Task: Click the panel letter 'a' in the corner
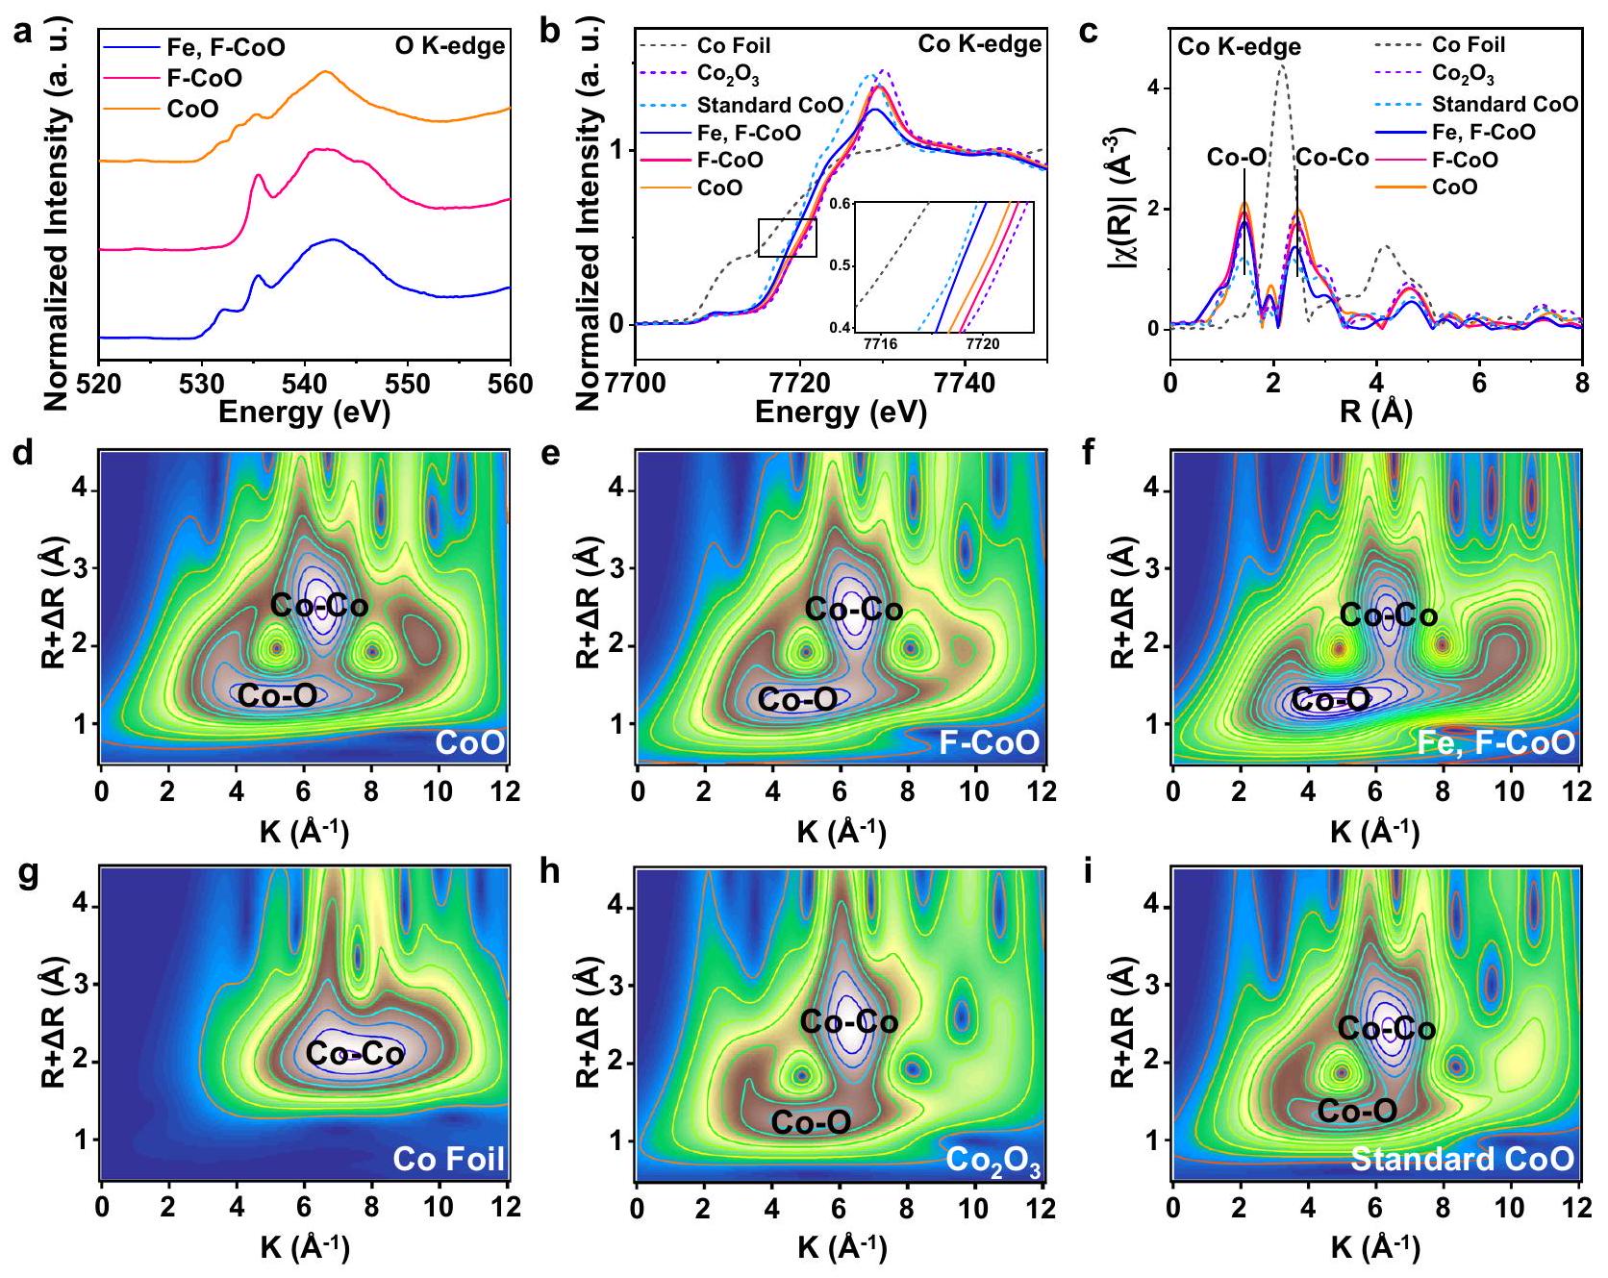coord(21,33)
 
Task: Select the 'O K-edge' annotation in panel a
coord(449,46)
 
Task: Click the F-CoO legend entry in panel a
coord(204,77)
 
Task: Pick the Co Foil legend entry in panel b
coord(734,45)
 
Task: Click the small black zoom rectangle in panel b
coord(787,238)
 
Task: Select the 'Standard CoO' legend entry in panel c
coord(1505,104)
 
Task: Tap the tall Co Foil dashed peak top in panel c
coord(1282,65)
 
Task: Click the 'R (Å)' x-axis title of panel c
coord(1375,413)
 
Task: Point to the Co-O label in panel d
coord(277,696)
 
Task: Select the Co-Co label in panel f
coord(1389,615)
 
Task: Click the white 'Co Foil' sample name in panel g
coord(449,1159)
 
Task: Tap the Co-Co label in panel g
coord(354,1054)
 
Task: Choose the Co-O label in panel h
coord(811,1121)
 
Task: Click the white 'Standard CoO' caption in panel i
coord(1462,1159)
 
